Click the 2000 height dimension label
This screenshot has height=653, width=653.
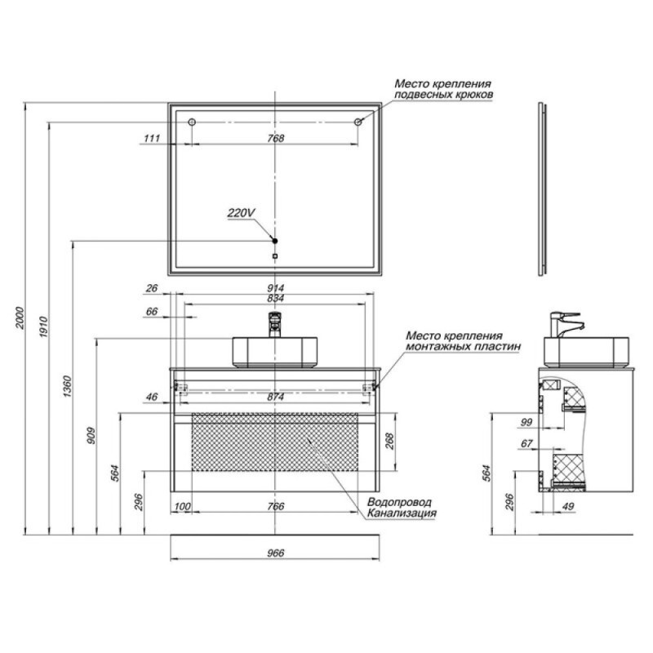click(x=20, y=318)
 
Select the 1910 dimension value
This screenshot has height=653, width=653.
click(x=44, y=327)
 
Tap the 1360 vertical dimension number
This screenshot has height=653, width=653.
click(x=68, y=386)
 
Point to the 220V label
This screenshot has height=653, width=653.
click(x=241, y=213)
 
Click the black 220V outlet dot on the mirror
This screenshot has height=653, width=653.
click(x=274, y=241)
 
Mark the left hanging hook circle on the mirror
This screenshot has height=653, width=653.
click(x=192, y=122)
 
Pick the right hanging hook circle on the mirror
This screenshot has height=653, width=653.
click(x=358, y=122)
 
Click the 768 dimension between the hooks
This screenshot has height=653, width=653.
click(x=275, y=138)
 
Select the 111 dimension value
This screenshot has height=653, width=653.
click(x=152, y=138)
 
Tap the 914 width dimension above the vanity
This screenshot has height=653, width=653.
click(x=275, y=288)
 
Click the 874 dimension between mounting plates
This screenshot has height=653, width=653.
click(x=275, y=397)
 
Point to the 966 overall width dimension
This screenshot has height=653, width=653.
click(x=275, y=553)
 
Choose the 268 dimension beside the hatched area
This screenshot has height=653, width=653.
click(x=390, y=442)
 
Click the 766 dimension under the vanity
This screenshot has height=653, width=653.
click(x=275, y=506)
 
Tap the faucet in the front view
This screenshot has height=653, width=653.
click(x=274, y=324)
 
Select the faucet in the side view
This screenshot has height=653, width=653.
click(x=566, y=324)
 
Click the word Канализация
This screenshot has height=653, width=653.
click(x=402, y=513)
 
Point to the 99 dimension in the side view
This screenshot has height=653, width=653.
click(x=526, y=422)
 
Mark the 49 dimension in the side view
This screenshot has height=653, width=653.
click(x=568, y=506)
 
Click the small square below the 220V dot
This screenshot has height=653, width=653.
click(x=274, y=256)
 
